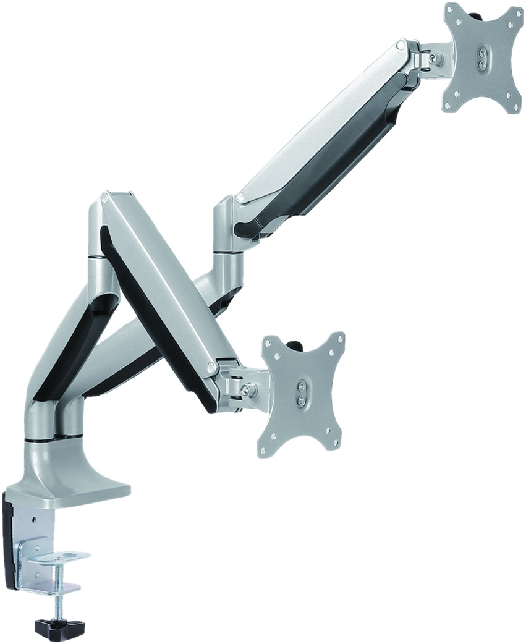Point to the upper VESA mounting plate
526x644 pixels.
[482, 59]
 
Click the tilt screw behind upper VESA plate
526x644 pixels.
[438, 59]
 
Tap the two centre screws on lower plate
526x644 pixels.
[301, 394]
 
